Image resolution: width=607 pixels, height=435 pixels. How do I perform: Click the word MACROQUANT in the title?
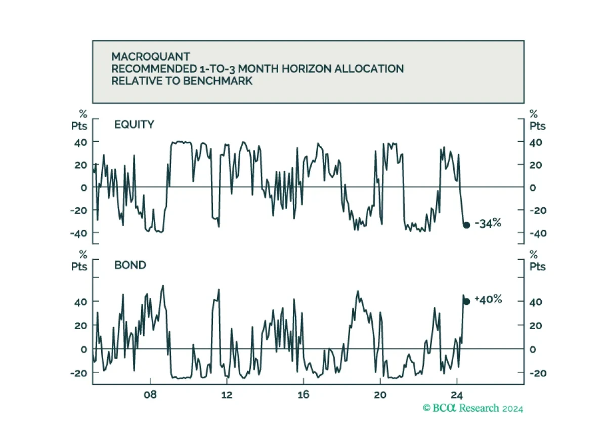[x=150, y=57]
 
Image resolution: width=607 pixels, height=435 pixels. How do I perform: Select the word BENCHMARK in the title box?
[x=218, y=81]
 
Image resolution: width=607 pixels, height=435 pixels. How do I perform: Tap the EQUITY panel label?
[x=134, y=125]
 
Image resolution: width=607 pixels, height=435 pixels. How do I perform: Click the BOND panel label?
[x=130, y=265]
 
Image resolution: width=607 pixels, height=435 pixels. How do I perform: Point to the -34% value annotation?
[x=488, y=223]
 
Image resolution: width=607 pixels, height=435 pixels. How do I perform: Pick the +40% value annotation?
[x=488, y=299]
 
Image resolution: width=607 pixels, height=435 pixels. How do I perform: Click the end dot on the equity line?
[x=466, y=225]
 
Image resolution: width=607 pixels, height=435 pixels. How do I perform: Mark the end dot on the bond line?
[x=466, y=301]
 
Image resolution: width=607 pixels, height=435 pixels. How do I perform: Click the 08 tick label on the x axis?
[x=150, y=395]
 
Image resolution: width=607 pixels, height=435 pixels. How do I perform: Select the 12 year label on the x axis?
[x=227, y=395]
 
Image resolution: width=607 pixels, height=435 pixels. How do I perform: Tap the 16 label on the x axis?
[x=303, y=395]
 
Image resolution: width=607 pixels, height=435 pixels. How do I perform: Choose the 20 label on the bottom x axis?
[x=380, y=395]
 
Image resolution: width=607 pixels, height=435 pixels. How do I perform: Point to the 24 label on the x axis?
[x=457, y=395]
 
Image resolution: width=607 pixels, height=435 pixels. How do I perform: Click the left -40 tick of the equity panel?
[x=78, y=233]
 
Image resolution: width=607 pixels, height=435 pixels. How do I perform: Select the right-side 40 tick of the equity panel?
[x=536, y=142]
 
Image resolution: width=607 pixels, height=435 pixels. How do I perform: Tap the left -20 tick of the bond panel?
[x=78, y=373]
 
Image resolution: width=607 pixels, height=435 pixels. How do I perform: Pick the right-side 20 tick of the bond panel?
[x=536, y=326]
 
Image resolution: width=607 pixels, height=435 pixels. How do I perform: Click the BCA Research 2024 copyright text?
[x=473, y=408]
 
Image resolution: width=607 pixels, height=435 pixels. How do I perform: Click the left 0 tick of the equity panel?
[x=84, y=188]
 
